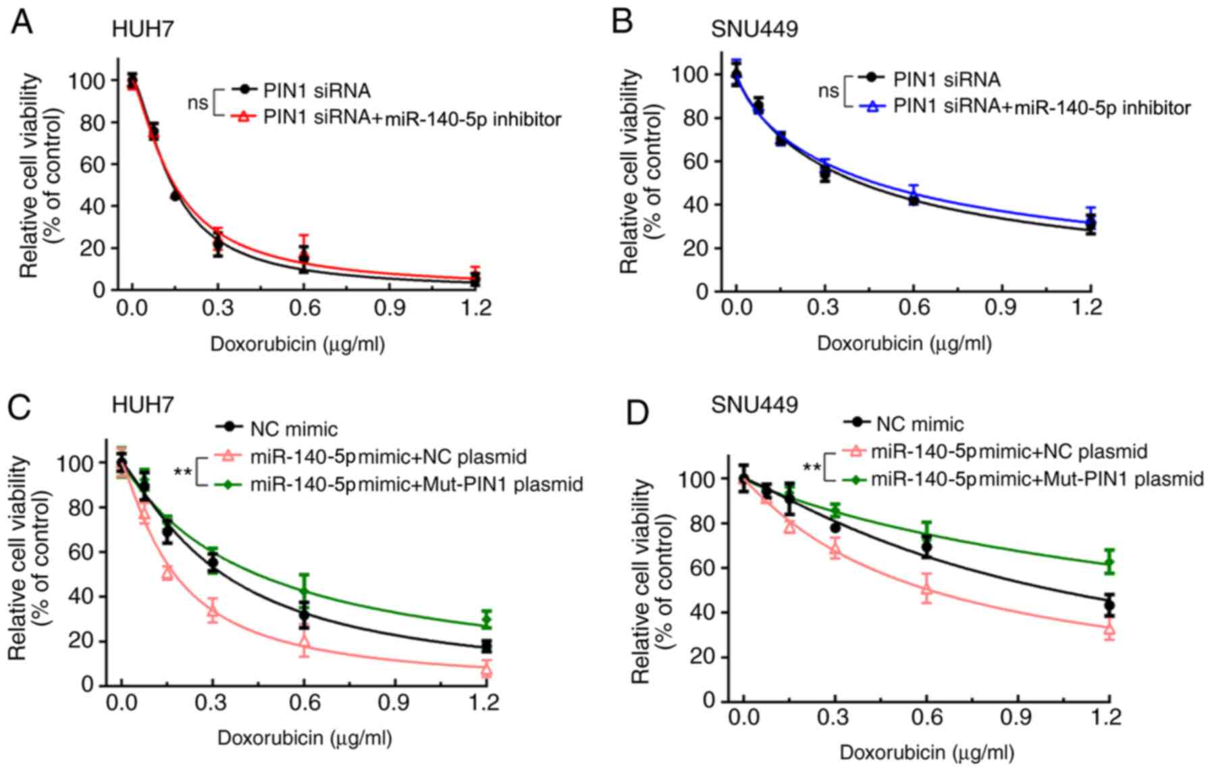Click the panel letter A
(x=22, y=22)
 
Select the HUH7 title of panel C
(x=143, y=404)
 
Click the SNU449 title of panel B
(x=754, y=29)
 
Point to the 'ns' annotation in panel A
(x=198, y=103)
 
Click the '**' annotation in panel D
(x=812, y=467)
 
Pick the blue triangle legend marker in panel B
(x=873, y=107)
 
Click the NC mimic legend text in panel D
(x=920, y=424)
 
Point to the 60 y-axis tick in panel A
(x=88, y=164)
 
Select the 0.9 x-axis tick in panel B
(x=1000, y=308)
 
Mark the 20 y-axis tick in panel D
(x=700, y=657)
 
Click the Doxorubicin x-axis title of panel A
(x=298, y=344)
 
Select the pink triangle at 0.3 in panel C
(x=213, y=612)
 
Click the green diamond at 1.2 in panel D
(x=1108, y=562)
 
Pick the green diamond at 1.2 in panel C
(x=486, y=619)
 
